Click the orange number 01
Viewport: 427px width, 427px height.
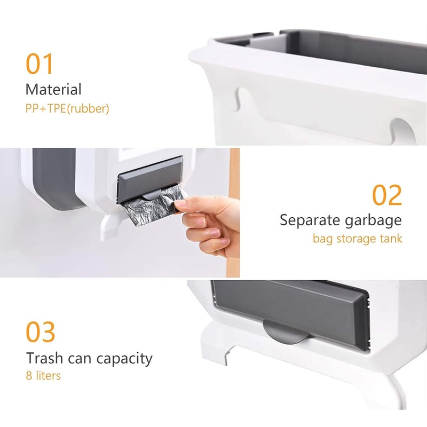pyautogui.click(x=39, y=64)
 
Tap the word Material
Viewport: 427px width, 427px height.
pyautogui.click(x=53, y=89)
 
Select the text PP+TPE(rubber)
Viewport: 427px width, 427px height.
pyautogui.click(x=67, y=108)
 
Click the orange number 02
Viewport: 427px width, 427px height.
pyautogui.click(x=386, y=195)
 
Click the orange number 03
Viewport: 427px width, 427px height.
pyautogui.click(x=41, y=331)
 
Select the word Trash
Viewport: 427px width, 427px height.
pyautogui.click(x=45, y=358)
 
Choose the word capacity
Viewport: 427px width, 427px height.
pyautogui.click(x=124, y=359)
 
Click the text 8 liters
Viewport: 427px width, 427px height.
pyautogui.click(x=43, y=376)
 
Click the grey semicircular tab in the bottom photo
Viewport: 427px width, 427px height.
pyautogui.click(x=286, y=332)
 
